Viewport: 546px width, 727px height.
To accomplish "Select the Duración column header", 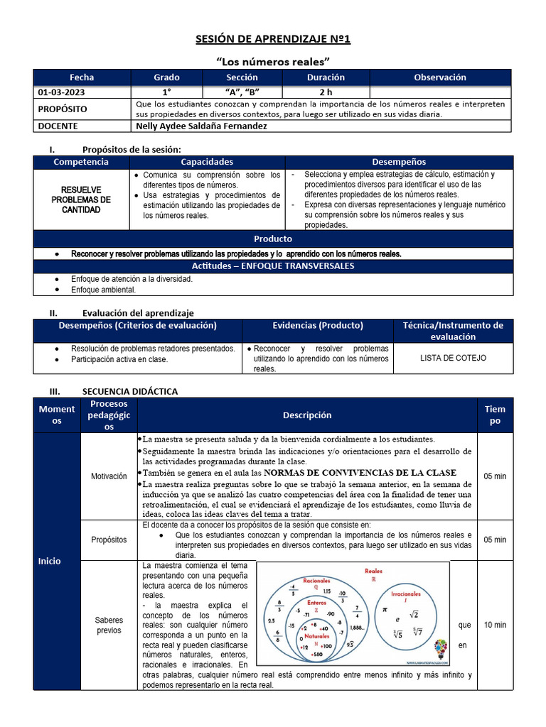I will (x=326, y=77).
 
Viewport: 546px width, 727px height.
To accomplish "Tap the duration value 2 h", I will (x=326, y=92).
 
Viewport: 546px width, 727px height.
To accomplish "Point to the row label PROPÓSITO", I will (x=62, y=109).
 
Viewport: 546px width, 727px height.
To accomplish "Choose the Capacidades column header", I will (x=207, y=162).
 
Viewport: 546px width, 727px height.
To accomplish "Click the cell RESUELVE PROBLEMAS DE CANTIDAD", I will (x=81, y=199).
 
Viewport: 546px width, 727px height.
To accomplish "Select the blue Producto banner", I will (x=273, y=239).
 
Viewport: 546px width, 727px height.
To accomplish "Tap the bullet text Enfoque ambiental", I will (x=103, y=290).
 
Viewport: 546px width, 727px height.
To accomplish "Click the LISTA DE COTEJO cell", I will (x=453, y=358).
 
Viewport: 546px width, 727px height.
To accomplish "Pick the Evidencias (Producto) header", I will (x=318, y=325).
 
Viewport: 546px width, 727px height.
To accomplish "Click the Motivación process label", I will (x=109, y=476).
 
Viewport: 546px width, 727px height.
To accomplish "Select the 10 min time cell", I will (x=495, y=625).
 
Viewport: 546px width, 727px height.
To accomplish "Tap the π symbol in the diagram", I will (x=385, y=609).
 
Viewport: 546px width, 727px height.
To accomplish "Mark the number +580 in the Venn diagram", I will (x=316, y=654).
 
